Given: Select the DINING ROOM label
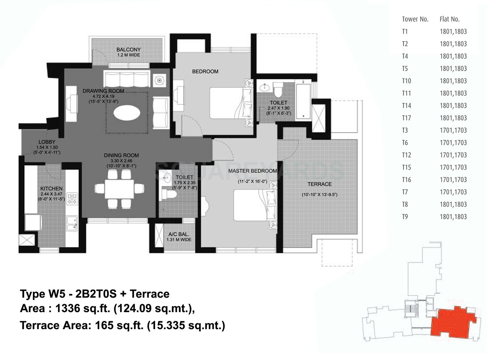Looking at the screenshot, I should coord(121,155).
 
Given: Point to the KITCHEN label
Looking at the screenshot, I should coord(51,188).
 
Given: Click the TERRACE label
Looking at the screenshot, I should coord(319,184).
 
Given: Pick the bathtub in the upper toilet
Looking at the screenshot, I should coord(304,98).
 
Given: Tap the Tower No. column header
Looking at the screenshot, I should coord(415,19).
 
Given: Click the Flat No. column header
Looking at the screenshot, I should coord(449,19).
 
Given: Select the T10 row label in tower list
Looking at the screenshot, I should coord(407,81).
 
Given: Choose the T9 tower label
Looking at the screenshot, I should coord(405,216).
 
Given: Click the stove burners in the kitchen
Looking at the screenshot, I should coord(72,199).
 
